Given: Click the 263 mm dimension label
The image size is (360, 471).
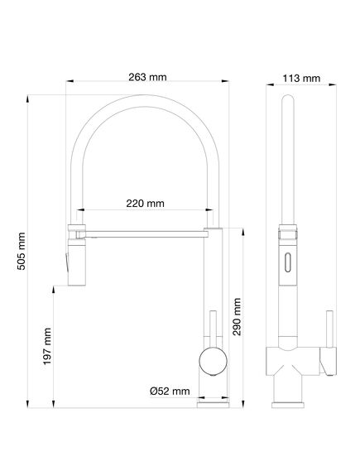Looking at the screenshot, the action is tap(147, 77).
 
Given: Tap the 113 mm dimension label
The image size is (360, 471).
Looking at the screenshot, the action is tap(301, 79).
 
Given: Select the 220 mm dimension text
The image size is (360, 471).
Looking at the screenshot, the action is tap(145, 204).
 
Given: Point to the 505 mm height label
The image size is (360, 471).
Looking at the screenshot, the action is tap(21, 251).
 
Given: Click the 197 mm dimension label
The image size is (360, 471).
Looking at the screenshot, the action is tap(47, 346).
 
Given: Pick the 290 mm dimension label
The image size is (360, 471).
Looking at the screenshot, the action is tap(237, 316).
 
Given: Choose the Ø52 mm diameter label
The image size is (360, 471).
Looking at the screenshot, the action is tap(170, 391).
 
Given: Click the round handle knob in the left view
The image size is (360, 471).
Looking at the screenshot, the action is tap(213, 362).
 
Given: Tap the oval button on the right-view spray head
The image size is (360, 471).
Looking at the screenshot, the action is tap(288, 262).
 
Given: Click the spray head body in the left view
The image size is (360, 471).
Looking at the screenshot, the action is tap(77, 262).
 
